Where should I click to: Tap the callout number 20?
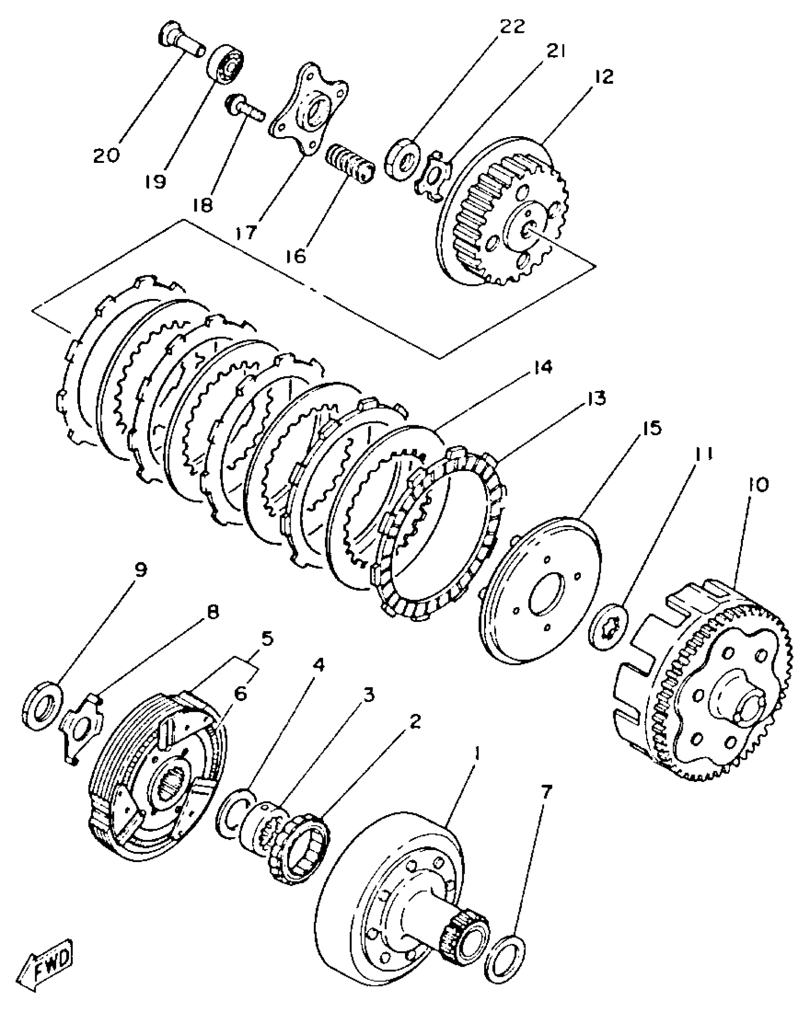pyautogui.click(x=106, y=156)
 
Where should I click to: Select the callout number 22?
pyautogui.click(x=506, y=26)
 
